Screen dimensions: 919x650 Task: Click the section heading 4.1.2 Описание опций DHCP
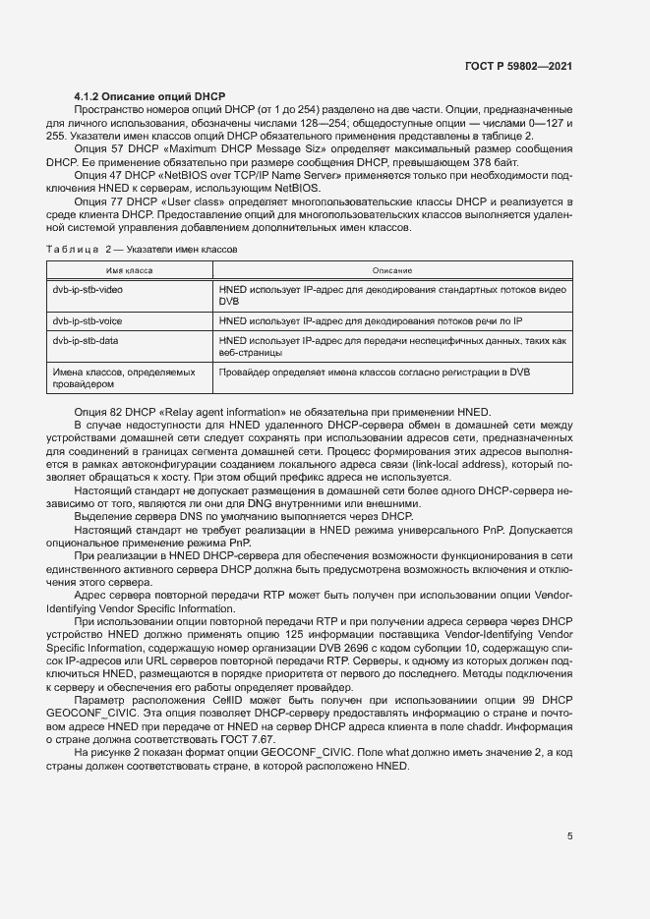click(137, 96)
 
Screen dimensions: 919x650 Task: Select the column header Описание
click(391, 270)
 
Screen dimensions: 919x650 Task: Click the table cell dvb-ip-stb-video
click(88, 291)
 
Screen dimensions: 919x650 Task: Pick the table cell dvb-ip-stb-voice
click(88, 321)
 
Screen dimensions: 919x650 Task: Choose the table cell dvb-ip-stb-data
click(86, 340)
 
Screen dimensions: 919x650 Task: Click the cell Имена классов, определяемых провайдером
click(123, 378)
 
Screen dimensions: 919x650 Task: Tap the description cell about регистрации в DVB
click(375, 373)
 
